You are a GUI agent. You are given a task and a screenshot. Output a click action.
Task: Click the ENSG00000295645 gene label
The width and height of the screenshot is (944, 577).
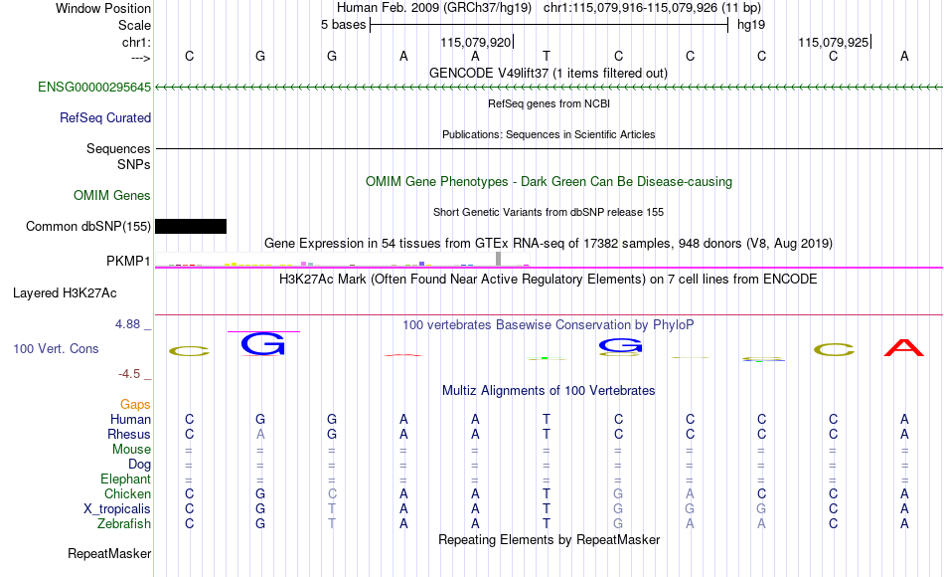point(94,87)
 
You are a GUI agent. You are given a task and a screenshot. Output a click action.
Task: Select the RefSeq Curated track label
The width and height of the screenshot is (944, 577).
point(104,117)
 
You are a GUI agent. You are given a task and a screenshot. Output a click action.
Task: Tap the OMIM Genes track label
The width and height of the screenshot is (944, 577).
point(112,195)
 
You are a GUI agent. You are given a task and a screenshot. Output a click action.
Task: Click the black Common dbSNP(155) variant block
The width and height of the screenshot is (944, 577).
point(191,226)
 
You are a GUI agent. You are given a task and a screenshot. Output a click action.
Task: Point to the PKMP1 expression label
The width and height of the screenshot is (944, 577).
point(128,261)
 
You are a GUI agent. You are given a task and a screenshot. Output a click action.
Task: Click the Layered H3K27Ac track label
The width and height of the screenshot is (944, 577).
point(65,293)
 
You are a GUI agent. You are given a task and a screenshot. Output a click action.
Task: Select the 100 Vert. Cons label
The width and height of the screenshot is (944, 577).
point(56,348)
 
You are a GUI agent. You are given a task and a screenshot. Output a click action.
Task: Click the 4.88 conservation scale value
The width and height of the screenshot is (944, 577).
point(127,324)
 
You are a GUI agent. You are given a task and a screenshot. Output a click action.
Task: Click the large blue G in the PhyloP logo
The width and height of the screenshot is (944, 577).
point(262,343)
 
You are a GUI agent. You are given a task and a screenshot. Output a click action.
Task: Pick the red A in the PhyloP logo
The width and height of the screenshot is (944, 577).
point(903,348)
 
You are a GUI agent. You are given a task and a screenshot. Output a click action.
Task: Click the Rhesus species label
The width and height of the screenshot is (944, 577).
point(129,434)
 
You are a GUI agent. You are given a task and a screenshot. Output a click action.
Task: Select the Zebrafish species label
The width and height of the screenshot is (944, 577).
point(124,523)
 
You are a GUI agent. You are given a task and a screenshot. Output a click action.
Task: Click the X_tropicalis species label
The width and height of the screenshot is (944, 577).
point(117,509)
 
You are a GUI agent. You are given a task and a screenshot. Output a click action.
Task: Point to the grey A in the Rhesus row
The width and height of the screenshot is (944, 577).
point(260,434)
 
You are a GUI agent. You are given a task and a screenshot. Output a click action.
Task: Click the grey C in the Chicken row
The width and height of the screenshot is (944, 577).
point(332,493)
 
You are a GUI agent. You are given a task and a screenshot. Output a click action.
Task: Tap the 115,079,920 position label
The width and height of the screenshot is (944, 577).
point(476,42)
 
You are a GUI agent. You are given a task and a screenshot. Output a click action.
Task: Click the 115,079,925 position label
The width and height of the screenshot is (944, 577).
point(834,42)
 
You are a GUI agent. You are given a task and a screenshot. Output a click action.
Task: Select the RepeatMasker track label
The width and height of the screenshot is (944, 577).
point(109,553)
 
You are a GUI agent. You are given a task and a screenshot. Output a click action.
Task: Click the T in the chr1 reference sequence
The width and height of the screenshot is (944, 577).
point(547,56)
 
